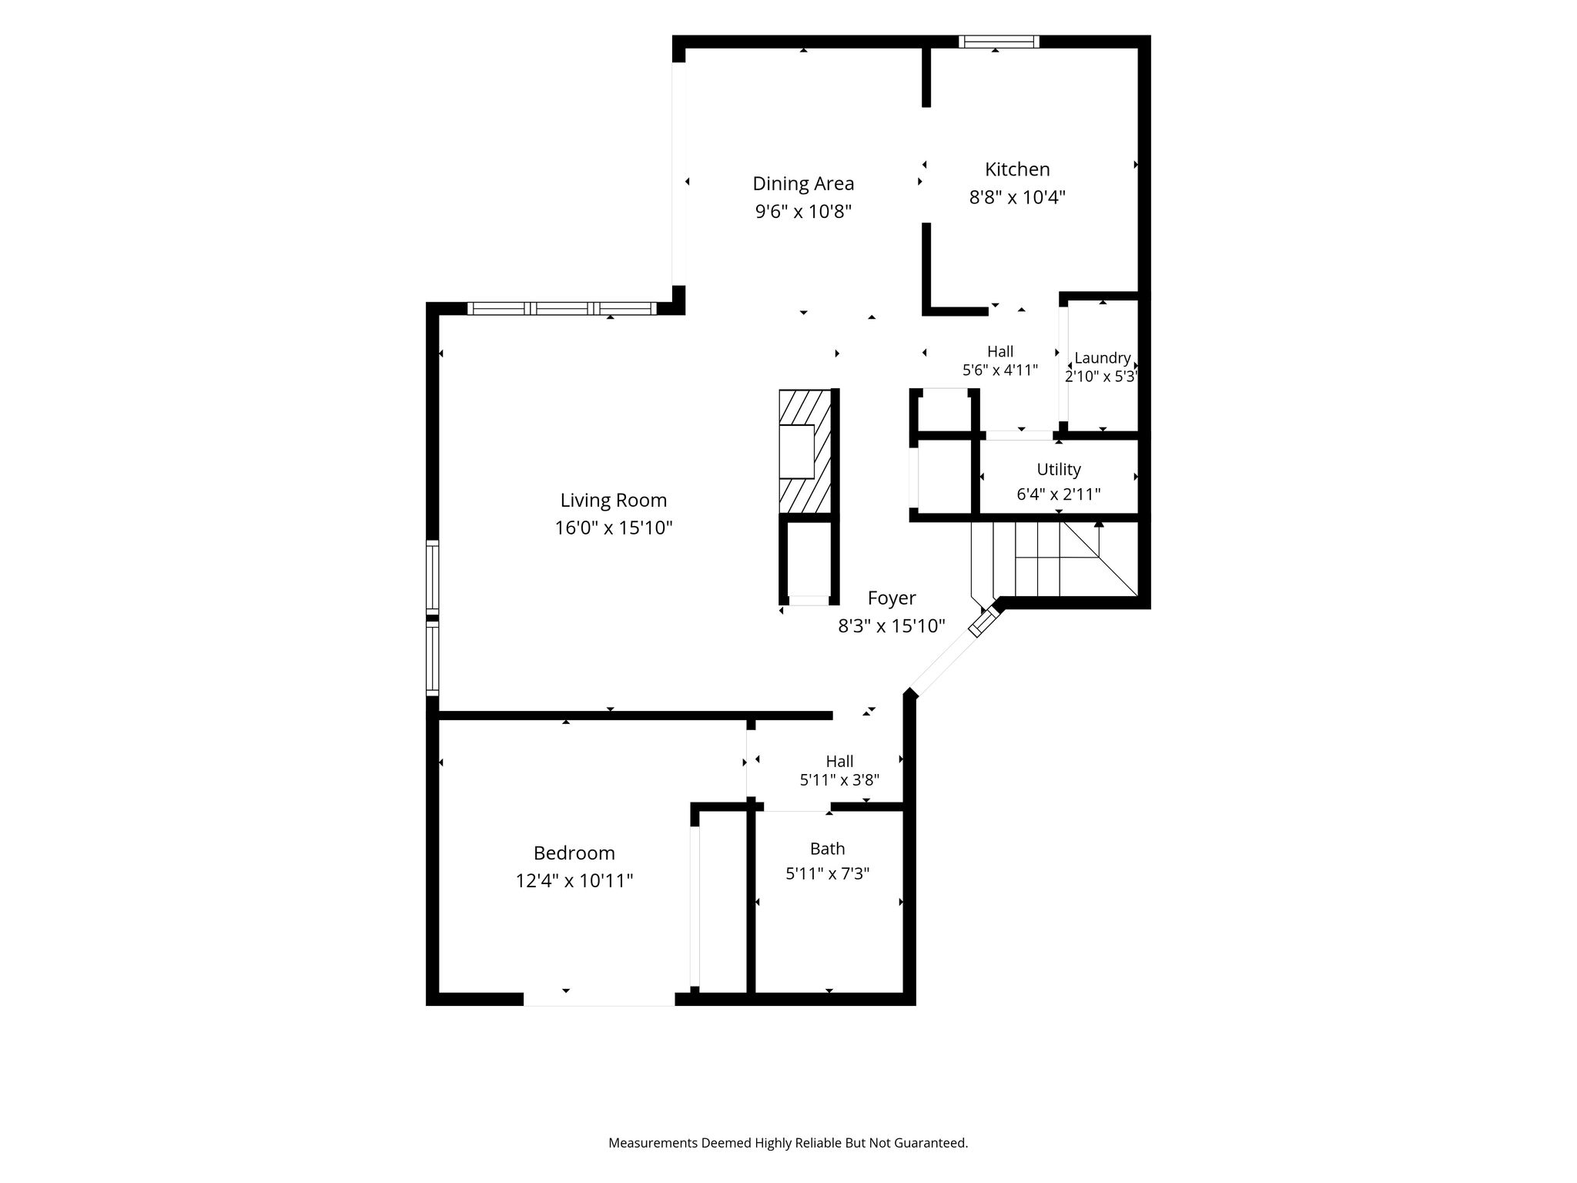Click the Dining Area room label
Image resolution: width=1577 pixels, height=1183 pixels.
click(x=803, y=183)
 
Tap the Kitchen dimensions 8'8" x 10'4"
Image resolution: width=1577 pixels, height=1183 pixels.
click(x=1017, y=197)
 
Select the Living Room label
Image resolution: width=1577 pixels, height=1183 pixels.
click(x=614, y=501)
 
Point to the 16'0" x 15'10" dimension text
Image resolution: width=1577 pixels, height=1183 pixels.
click(x=614, y=528)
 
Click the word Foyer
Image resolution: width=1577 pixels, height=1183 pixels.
click(x=892, y=598)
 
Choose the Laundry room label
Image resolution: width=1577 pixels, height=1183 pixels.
click(x=1103, y=358)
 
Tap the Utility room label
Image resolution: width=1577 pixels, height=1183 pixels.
click(x=1059, y=469)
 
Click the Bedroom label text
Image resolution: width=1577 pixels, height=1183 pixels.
click(x=574, y=853)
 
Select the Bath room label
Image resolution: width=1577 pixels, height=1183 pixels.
click(x=828, y=849)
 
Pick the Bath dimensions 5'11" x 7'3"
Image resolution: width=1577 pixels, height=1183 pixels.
click(x=828, y=873)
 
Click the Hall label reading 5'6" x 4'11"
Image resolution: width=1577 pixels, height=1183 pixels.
click(x=1000, y=370)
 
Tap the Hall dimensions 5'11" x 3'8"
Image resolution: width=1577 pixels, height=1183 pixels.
click(x=839, y=779)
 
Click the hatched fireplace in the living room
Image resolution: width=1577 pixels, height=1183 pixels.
click(x=805, y=451)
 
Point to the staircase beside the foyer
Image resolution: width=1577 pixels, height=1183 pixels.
click(x=1054, y=559)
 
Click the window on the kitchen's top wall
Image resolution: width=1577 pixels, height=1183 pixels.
click(x=999, y=42)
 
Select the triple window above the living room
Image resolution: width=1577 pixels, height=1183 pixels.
click(x=562, y=309)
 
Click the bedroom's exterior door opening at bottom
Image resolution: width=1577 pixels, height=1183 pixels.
click(x=599, y=1000)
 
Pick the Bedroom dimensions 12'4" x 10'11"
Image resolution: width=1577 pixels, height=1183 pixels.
click(x=574, y=881)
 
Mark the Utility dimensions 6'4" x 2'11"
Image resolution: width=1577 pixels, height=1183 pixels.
click(x=1059, y=494)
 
